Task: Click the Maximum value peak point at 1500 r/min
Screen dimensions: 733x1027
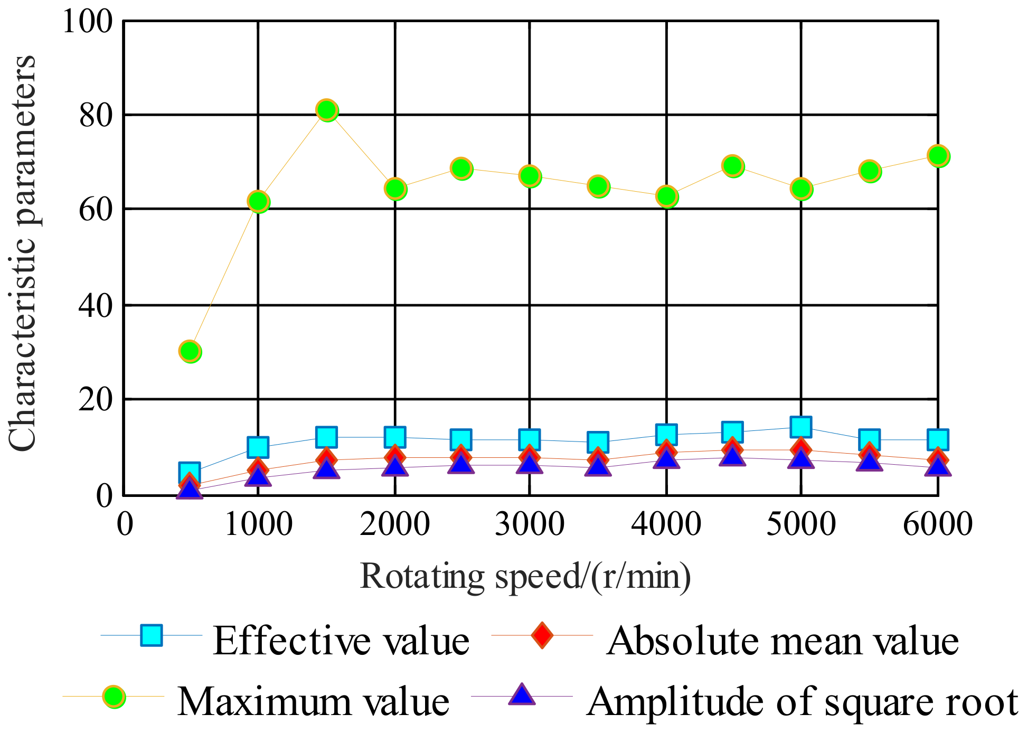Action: (327, 110)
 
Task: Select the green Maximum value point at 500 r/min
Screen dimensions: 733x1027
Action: (190, 351)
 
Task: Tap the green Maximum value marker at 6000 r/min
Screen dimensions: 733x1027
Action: (938, 156)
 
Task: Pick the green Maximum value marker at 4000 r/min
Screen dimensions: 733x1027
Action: (667, 196)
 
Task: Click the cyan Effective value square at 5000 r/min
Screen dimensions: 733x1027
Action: (801, 427)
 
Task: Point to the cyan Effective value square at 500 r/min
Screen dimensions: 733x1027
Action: (190, 472)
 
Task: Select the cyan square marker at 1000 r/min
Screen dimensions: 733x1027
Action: (258, 447)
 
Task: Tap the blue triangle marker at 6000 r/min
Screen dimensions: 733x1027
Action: (938, 467)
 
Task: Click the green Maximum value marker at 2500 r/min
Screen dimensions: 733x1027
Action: (461, 168)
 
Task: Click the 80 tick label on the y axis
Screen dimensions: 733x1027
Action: (96, 115)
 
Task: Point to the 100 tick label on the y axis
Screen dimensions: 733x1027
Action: (88, 22)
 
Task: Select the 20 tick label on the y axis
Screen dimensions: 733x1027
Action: (96, 400)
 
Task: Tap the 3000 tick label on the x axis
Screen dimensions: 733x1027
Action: (529, 524)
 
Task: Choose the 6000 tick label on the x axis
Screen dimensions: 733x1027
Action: (937, 524)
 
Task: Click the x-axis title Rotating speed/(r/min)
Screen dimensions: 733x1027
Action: (525, 577)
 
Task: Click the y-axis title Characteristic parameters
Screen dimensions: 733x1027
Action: (22, 253)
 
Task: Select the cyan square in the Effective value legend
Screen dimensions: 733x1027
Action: (152, 635)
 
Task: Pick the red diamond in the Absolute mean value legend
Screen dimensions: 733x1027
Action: (542, 635)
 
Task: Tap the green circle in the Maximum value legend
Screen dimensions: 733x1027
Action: (114, 697)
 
